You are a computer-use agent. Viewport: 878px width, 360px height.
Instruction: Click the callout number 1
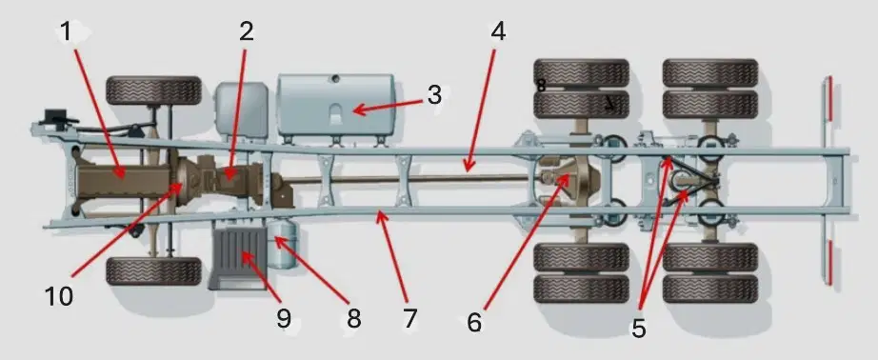[x=66, y=32]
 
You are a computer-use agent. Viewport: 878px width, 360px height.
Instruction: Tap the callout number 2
[x=247, y=32]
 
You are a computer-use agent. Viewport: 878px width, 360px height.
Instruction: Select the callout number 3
[x=434, y=95]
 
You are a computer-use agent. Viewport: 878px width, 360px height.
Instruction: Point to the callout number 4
[x=498, y=32]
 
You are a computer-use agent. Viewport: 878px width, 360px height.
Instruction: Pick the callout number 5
[x=638, y=328]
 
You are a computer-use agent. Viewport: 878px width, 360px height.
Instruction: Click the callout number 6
[x=474, y=323]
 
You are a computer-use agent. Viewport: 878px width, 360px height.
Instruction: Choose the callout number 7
[x=409, y=318]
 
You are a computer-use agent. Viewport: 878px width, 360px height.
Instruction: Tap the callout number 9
[x=284, y=318]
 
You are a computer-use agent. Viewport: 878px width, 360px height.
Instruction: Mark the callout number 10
[x=59, y=296]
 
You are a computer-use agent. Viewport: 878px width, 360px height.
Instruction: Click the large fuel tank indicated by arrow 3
[x=335, y=106]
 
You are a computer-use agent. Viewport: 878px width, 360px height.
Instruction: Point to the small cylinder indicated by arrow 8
[x=282, y=243]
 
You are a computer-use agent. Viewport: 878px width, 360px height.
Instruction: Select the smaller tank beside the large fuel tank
[x=242, y=110]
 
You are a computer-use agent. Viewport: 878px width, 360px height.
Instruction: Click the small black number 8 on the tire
[x=541, y=86]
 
